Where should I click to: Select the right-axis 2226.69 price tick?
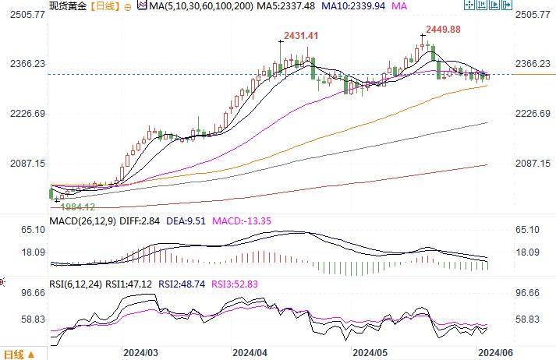click(x=533, y=114)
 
